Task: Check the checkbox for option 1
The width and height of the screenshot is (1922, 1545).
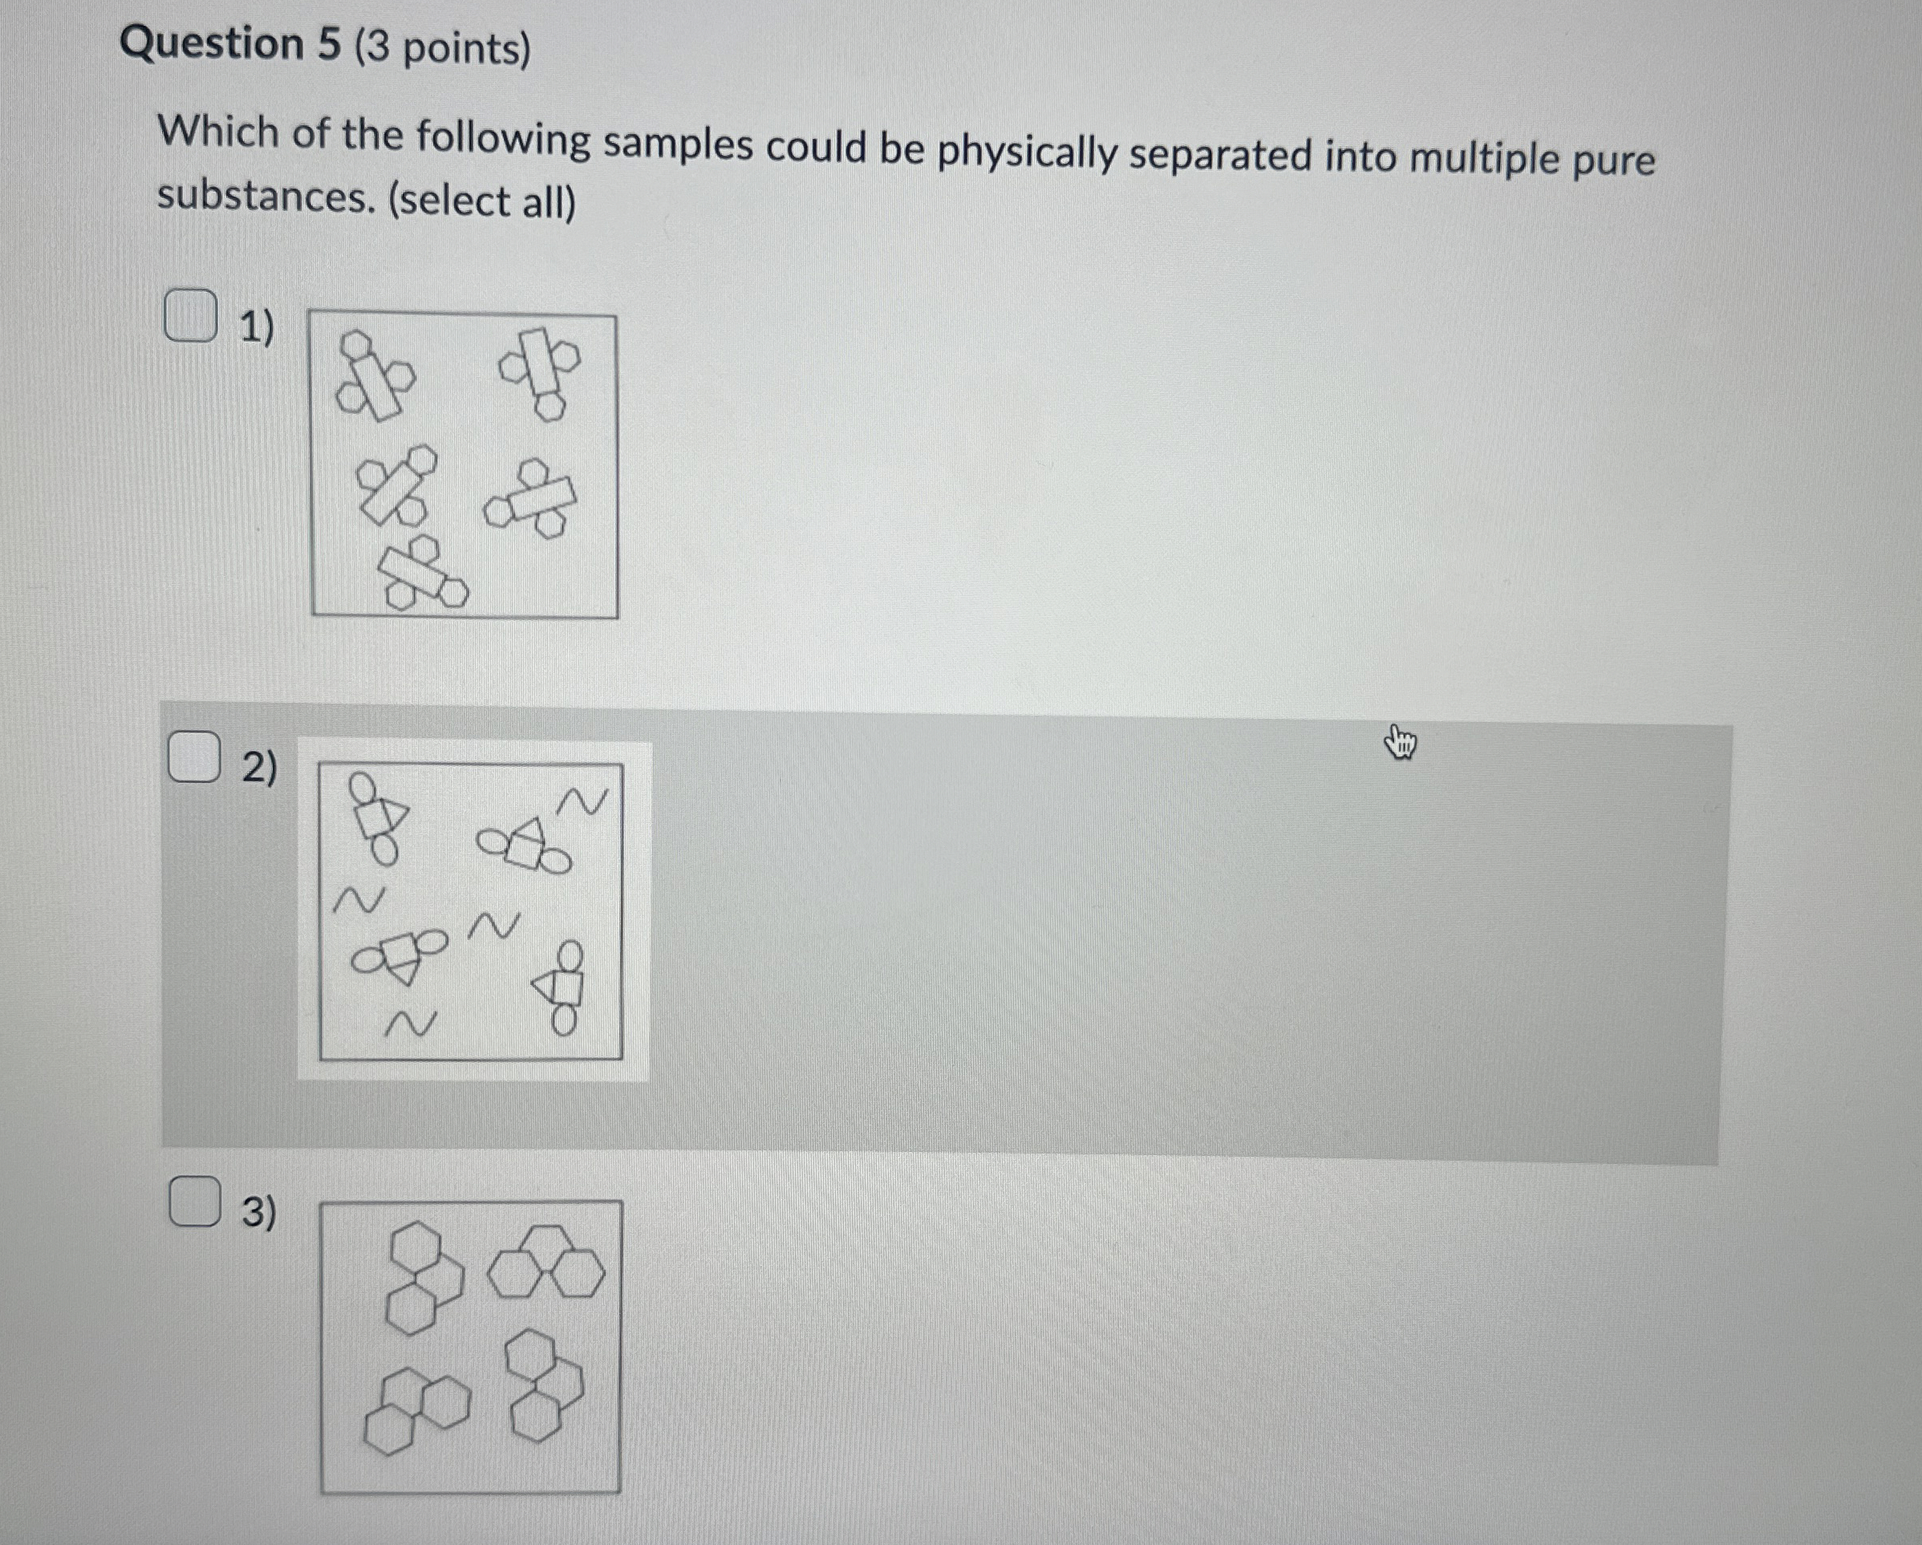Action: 190,314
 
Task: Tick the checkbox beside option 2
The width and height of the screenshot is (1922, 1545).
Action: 194,756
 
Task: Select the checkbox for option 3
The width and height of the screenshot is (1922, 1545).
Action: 194,1201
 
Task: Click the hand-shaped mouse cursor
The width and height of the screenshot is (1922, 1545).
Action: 1401,743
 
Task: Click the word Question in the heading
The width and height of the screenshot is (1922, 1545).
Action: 212,43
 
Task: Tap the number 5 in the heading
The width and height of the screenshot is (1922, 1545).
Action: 329,45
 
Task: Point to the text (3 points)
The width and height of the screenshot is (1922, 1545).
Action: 442,48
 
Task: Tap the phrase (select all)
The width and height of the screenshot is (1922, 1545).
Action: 481,200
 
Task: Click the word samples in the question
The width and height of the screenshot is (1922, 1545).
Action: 678,144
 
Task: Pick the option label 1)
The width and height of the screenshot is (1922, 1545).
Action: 257,327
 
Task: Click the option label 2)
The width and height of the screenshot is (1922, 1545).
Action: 259,768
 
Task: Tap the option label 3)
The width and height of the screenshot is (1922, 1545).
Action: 259,1212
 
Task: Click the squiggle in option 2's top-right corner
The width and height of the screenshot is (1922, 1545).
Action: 582,801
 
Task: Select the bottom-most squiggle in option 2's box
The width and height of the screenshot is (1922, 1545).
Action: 411,1025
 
